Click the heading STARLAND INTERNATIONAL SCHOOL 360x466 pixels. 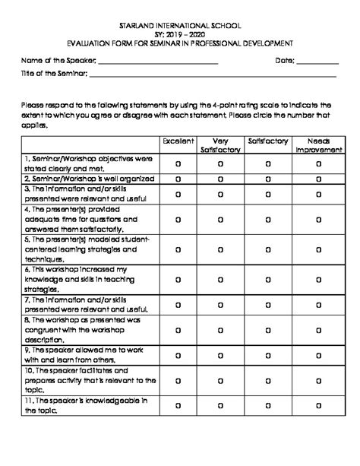pyautogui.click(x=179, y=24)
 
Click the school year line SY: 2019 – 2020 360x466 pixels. pyautogui.click(x=179, y=34)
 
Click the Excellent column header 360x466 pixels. pyautogui.click(x=178, y=141)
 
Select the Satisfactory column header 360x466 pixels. pyautogui.click(x=267, y=141)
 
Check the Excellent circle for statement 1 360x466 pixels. pyautogui.click(x=178, y=163)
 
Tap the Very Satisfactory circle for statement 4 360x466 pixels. pyautogui.click(x=220, y=219)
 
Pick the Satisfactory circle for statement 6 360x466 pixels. pyautogui.click(x=267, y=280)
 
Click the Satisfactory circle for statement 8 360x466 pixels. pyautogui.click(x=267, y=329)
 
